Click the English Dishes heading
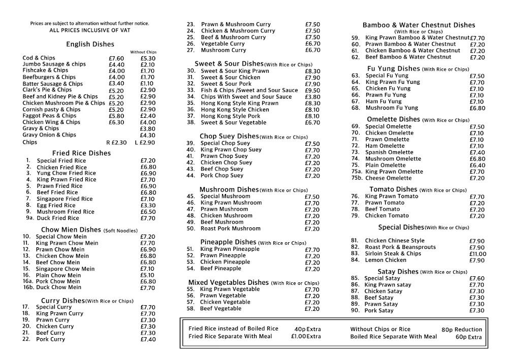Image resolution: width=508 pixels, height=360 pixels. tap(90, 44)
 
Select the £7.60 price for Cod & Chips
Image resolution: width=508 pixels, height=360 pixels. tap(116, 58)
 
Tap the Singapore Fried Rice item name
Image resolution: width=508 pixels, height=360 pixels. tap(65, 199)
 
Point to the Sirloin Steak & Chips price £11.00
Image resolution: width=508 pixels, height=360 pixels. tap(478, 254)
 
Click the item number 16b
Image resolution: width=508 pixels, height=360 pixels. tap(28, 287)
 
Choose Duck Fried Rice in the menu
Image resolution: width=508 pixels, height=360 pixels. tap(58, 218)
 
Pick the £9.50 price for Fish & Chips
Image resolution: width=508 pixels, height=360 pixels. tap(312, 90)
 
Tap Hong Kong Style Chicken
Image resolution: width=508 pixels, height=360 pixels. tap(235, 110)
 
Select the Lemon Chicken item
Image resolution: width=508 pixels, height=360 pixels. tap(386, 260)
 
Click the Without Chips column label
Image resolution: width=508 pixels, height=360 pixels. tap(143, 52)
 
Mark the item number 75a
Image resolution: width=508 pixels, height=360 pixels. tap(356, 172)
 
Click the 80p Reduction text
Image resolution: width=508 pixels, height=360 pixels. tap(461, 330)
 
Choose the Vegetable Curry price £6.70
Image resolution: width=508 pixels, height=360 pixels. tap(312, 44)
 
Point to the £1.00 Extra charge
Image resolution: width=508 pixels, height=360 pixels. tap(306, 336)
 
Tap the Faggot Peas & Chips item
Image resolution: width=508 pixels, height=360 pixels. tap(49, 116)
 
